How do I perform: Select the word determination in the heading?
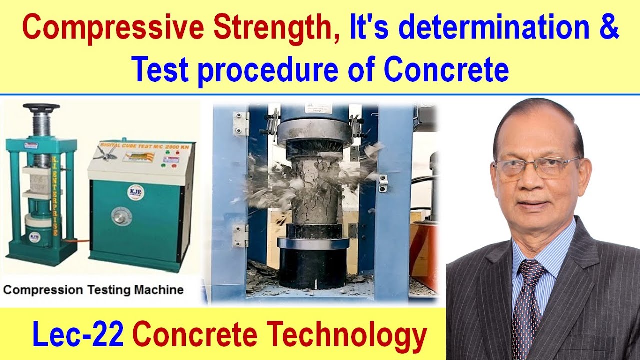[494, 29]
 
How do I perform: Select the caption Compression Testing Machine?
[93, 290]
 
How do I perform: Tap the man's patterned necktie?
[530, 300]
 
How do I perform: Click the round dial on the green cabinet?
[121, 216]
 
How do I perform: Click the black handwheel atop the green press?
[41, 107]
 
